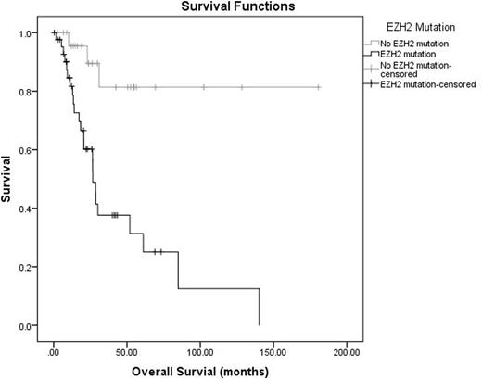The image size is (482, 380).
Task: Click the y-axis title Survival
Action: [x=7, y=180]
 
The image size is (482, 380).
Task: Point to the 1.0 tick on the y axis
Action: [x=32, y=33]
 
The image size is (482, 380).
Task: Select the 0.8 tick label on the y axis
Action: [x=32, y=92]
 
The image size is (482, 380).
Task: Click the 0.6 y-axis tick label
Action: [x=32, y=150]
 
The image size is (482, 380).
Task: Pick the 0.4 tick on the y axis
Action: [x=32, y=209]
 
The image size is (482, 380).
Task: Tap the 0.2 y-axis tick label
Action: [x=32, y=267]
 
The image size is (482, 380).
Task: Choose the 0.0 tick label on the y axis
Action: [x=32, y=325]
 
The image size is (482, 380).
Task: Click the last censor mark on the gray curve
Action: [x=318, y=87]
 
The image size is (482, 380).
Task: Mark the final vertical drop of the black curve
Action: [x=259, y=306]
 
